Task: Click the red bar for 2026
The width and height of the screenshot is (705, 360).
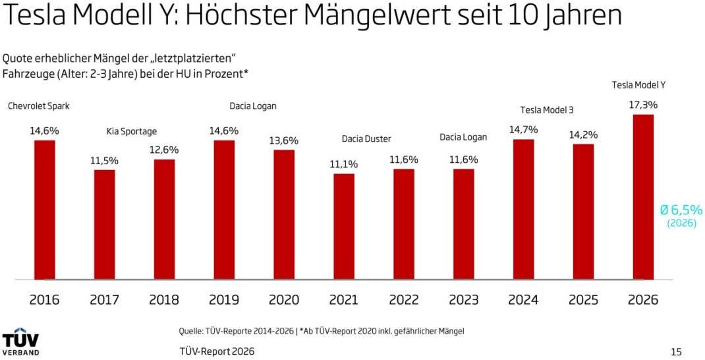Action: tap(642, 197)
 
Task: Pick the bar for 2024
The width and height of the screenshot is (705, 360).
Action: tap(523, 209)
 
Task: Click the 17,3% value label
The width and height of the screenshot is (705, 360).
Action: tap(643, 105)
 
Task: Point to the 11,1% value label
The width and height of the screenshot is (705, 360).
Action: tap(343, 164)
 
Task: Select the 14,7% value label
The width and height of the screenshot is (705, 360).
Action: tap(523, 129)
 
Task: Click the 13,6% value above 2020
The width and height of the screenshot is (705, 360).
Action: tap(284, 140)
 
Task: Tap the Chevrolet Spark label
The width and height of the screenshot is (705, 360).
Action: tap(39, 106)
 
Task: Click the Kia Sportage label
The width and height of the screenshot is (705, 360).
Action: tap(132, 131)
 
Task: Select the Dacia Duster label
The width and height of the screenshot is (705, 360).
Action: tap(366, 138)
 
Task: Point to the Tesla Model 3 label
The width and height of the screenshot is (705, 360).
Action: tap(546, 109)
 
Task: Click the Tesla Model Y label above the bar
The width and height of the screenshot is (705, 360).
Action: tap(638, 85)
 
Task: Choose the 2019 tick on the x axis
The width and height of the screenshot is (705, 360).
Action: tap(224, 300)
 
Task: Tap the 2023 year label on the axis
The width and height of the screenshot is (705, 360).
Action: tap(463, 300)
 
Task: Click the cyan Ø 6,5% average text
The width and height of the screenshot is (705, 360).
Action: tap(681, 210)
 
